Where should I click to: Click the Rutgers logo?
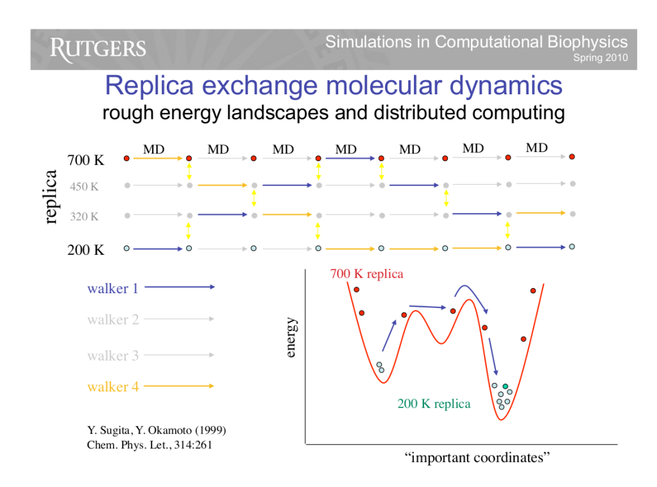point(98,49)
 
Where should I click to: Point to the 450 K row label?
point(84,187)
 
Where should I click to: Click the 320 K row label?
point(84,217)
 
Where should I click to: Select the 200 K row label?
point(85,250)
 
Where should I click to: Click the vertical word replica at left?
point(51,196)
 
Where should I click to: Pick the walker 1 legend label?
point(112,289)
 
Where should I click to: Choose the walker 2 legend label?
point(112,320)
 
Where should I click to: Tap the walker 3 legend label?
point(112,355)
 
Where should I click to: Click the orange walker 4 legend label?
point(112,387)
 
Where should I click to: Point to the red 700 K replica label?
point(366,275)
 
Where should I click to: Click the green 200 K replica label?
point(434,404)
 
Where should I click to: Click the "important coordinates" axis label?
point(477,458)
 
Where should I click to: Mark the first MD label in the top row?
point(153,150)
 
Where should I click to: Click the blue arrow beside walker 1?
point(179,287)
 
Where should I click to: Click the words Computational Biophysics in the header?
point(531,42)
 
